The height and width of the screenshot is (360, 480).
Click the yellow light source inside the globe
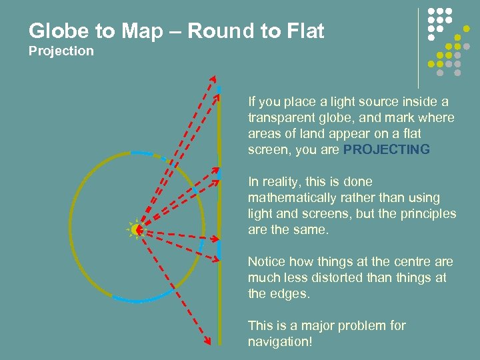(137, 230)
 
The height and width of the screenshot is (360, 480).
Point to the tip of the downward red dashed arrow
(209, 343)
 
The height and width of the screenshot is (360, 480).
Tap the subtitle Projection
(61, 51)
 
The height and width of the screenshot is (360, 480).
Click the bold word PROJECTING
(387, 150)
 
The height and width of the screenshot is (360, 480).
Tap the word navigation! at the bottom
(280, 342)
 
